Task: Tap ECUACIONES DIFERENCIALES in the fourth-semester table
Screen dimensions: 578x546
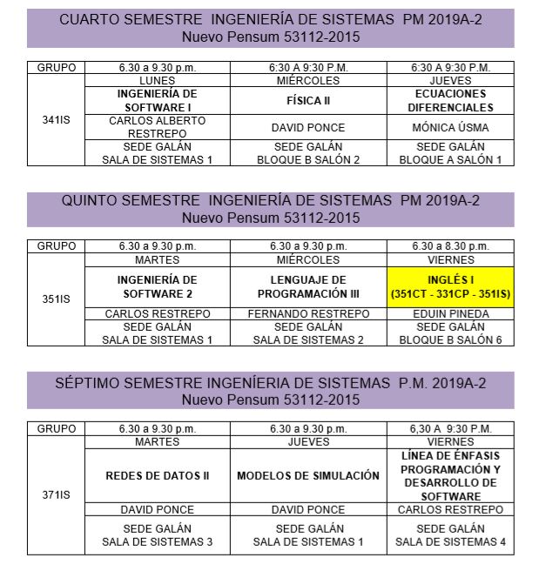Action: point(449,100)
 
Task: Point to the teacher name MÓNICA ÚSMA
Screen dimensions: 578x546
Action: point(449,127)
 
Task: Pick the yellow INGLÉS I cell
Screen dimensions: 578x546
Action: point(450,286)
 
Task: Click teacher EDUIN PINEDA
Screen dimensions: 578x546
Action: point(450,313)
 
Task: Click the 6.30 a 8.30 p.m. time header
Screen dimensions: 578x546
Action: point(450,246)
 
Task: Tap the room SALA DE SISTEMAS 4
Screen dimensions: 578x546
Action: point(450,541)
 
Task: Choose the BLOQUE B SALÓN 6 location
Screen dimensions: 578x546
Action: point(450,339)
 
